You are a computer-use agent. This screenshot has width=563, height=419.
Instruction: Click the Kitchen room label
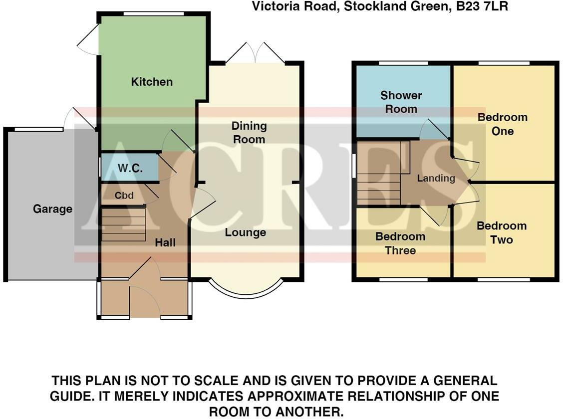pos(152,82)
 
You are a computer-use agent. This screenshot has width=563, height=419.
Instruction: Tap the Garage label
pos(52,209)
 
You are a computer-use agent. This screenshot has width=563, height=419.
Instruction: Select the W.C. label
pos(130,169)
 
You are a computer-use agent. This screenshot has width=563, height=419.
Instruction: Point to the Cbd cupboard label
pos(124,196)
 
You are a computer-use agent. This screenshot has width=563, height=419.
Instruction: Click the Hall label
pos(165,242)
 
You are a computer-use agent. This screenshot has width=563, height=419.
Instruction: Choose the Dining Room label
pos(249,133)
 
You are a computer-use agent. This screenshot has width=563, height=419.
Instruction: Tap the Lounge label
pos(245,232)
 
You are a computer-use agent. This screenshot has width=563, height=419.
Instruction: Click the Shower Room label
pos(401,102)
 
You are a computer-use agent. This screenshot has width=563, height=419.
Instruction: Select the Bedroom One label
pos(502,124)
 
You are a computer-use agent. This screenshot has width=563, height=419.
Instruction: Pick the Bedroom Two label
pos(501,232)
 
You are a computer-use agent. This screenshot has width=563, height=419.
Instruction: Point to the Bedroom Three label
pos(400,243)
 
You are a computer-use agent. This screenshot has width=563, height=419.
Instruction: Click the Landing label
pos(436,178)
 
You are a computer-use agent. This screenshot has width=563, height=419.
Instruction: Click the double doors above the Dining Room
pos(255,53)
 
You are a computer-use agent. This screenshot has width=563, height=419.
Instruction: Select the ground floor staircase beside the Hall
pos(124,224)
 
